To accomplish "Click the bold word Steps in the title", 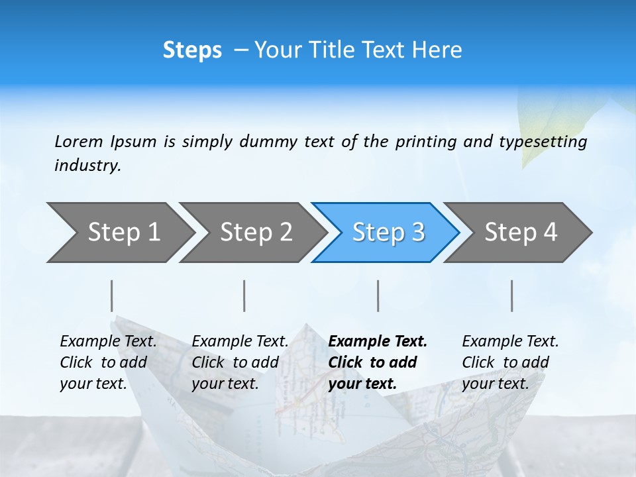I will point(192,50).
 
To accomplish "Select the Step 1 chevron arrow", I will point(119,232).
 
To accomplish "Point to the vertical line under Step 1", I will point(111,295).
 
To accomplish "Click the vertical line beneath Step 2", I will point(244,295).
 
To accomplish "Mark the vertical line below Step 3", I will point(378,295).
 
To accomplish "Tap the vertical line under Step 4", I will point(511,295).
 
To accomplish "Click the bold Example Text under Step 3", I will point(378,342).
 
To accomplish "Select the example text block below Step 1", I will point(108,362).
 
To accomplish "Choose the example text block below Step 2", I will point(240,362).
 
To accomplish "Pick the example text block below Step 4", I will point(510,362).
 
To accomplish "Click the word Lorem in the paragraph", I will point(78,142).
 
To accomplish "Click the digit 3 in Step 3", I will point(417,232).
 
